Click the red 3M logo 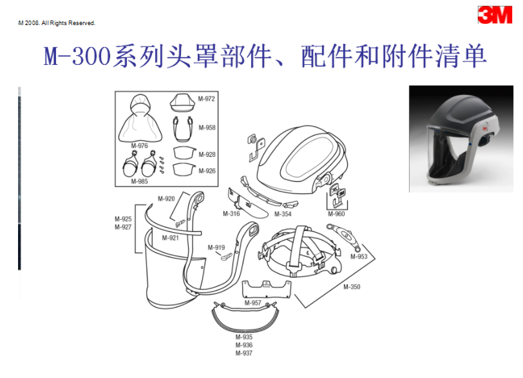click(495, 15)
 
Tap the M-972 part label click(207, 98)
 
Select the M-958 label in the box click(207, 127)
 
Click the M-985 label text click(139, 181)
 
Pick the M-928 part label click(207, 154)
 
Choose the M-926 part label click(207, 171)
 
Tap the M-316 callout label click(231, 214)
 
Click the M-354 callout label click(283, 214)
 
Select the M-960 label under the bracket click(336, 214)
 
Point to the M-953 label click(359, 256)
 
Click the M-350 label click(352, 287)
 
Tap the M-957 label click(253, 303)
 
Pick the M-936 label click(244, 345)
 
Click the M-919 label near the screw click(216, 248)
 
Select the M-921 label click(171, 238)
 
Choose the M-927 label click(123, 227)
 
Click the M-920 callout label click(166, 199)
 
